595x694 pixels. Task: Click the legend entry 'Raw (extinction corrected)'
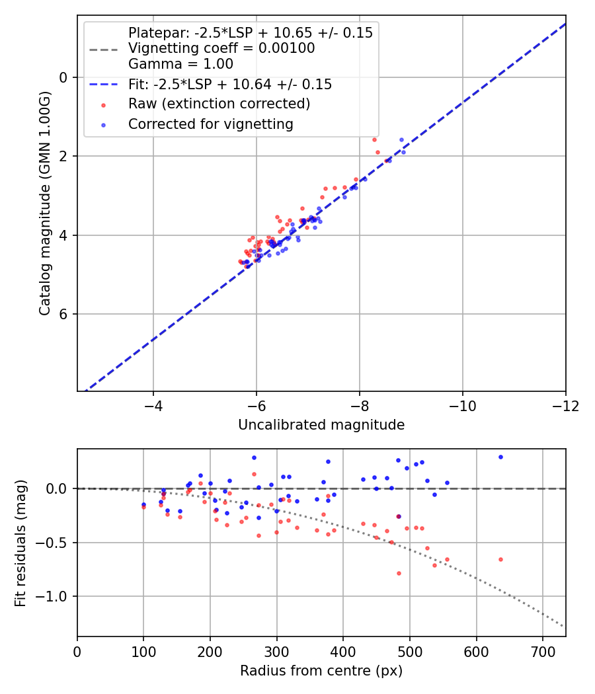[x=219, y=104]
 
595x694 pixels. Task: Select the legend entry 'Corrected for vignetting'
[x=211, y=124]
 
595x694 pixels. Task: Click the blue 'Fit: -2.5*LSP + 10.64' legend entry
[x=230, y=85]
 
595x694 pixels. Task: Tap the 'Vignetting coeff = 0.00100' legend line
[x=221, y=48]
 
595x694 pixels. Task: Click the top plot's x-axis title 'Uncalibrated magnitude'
[x=321, y=425]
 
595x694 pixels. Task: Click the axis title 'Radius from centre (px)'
[x=321, y=671]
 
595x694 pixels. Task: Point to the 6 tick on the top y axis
[x=64, y=313]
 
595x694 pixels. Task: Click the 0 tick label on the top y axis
[x=64, y=77]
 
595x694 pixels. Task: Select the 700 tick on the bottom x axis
[x=543, y=651]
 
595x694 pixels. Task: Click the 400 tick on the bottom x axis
[x=343, y=651]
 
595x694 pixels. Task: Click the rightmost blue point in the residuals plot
[x=500, y=457]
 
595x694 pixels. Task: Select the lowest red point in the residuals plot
[x=399, y=573]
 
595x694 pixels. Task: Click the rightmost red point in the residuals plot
[x=500, y=559]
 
